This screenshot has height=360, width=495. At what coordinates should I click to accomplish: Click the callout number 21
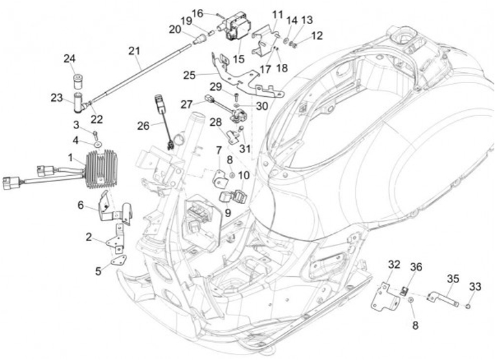(x=134, y=50)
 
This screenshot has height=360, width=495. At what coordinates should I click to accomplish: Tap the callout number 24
(x=69, y=58)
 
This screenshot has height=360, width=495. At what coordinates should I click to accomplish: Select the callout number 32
(x=394, y=265)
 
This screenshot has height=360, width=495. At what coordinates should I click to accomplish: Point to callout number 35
(x=452, y=278)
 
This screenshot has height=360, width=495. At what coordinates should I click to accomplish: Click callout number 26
(x=143, y=126)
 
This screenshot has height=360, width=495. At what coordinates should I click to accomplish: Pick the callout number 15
(x=239, y=59)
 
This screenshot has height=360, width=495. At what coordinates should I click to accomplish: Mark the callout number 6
(x=80, y=205)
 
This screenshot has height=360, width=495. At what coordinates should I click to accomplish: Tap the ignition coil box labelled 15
(x=237, y=27)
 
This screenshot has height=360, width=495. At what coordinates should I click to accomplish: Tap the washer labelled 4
(x=97, y=146)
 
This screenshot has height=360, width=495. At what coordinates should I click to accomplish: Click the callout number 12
(x=317, y=36)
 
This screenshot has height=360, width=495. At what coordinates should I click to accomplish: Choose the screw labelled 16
(x=216, y=14)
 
